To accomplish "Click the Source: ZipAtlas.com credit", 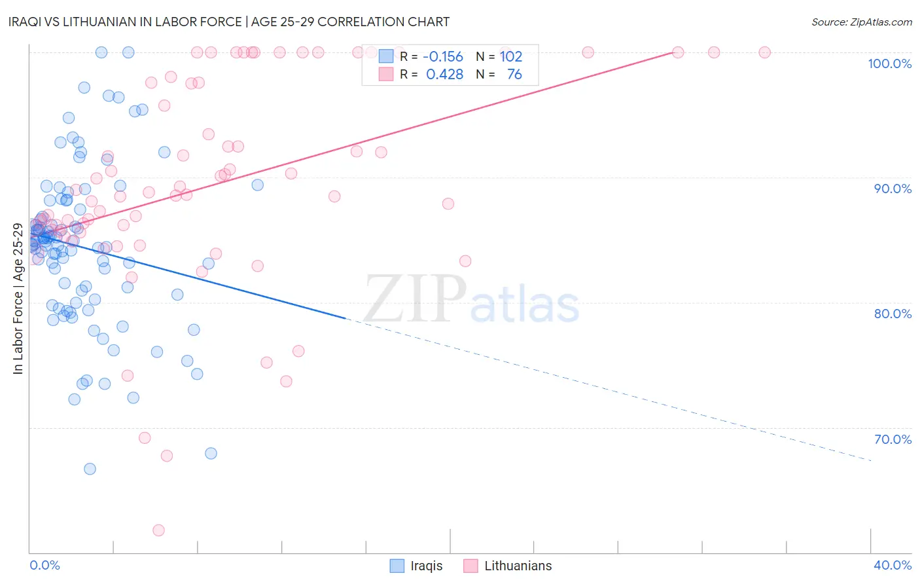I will click(x=861, y=22).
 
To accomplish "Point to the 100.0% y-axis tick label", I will click(x=889, y=64).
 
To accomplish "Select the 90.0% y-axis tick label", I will click(x=893, y=189).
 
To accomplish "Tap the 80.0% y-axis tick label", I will click(x=893, y=314).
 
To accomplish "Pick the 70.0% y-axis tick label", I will click(x=893, y=439).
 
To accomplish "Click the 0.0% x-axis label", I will click(x=44, y=565).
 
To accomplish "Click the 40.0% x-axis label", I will click(x=893, y=565).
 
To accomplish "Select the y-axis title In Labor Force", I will click(x=18, y=299).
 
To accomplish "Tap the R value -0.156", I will click(x=443, y=57).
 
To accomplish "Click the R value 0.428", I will click(x=444, y=75).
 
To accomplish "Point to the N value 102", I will click(x=511, y=57).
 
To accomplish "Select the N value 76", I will click(x=514, y=75).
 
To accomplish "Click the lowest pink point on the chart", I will click(x=158, y=530).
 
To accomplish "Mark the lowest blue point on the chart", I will click(x=90, y=469).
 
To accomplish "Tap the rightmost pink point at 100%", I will click(x=764, y=52).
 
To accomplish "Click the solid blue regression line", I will click(x=196, y=275).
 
